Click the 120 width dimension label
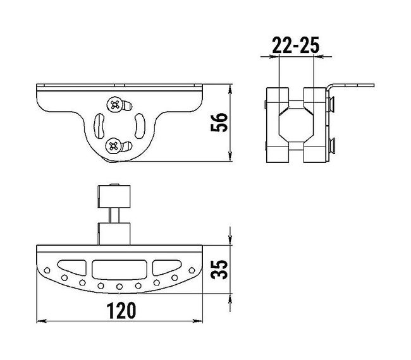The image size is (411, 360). [121, 311]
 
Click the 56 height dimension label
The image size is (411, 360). [219, 123]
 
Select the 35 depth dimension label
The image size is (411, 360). [219, 270]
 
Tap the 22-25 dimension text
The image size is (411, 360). [296, 45]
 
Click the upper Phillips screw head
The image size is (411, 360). [115, 105]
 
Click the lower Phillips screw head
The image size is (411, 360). [113, 146]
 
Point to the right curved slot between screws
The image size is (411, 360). [140, 126]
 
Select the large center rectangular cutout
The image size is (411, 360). [120, 270]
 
